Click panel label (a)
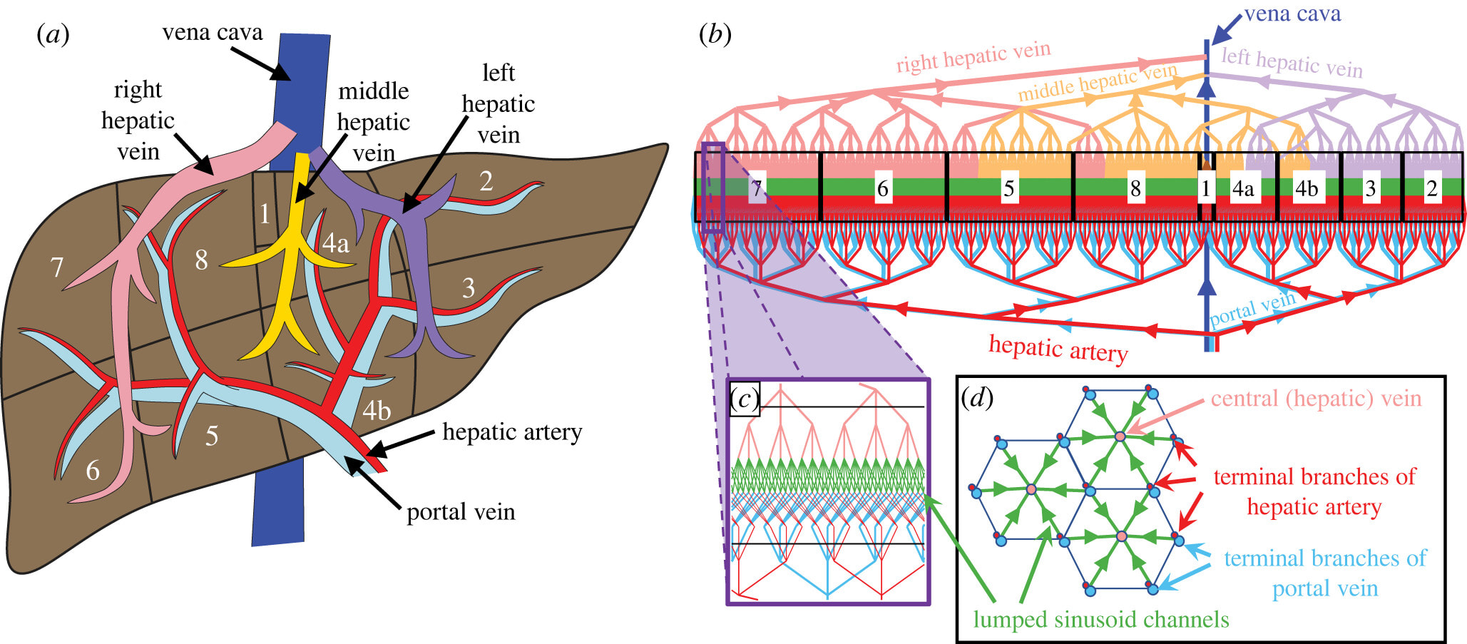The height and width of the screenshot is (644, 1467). [x=53, y=34]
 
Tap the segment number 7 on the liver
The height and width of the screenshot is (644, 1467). [x=57, y=267]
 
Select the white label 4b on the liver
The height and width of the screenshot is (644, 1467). [x=377, y=411]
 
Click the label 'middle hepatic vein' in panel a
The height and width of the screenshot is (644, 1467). [x=373, y=122]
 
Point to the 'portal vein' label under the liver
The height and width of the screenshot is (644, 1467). [x=461, y=512]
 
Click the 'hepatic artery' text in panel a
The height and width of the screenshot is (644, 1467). [x=512, y=432]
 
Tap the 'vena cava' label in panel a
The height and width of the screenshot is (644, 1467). [x=213, y=33]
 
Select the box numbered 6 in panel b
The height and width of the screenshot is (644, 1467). [x=882, y=188]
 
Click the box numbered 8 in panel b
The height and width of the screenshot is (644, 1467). [x=1135, y=188]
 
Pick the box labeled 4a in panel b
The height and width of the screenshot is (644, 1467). [x=1243, y=188]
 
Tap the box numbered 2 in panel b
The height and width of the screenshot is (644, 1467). [x=1431, y=188]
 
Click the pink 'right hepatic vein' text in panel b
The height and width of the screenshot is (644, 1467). [x=973, y=57]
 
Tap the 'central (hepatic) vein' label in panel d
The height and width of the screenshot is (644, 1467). [x=1316, y=399]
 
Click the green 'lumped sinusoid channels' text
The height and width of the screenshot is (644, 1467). [x=1101, y=619]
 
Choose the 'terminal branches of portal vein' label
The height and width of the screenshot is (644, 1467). [x=1325, y=573]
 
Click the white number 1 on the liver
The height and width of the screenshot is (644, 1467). [x=265, y=213]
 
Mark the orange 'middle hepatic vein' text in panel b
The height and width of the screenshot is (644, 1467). [x=1097, y=83]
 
